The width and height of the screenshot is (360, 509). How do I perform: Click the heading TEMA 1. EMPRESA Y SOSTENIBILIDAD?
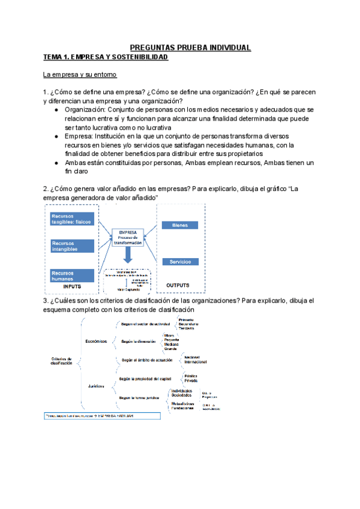coord(106,57)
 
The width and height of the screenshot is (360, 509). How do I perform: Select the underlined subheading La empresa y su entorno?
coord(79,75)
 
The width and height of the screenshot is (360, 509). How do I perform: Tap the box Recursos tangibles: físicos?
coord(72,219)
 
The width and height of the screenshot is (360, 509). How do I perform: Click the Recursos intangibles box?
coord(72,245)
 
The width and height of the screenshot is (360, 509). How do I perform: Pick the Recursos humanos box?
coord(72,276)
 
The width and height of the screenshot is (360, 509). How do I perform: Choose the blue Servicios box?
coord(180,262)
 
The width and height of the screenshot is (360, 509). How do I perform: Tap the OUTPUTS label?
coord(178,285)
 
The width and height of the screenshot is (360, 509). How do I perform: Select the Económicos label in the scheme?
coord(97,341)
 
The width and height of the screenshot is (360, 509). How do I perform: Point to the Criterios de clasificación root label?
coord(61,361)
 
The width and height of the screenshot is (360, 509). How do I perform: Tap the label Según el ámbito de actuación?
coord(146,360)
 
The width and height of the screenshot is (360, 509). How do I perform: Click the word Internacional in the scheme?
coord(196,362)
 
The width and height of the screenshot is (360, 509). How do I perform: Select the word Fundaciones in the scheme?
coord(182,408)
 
